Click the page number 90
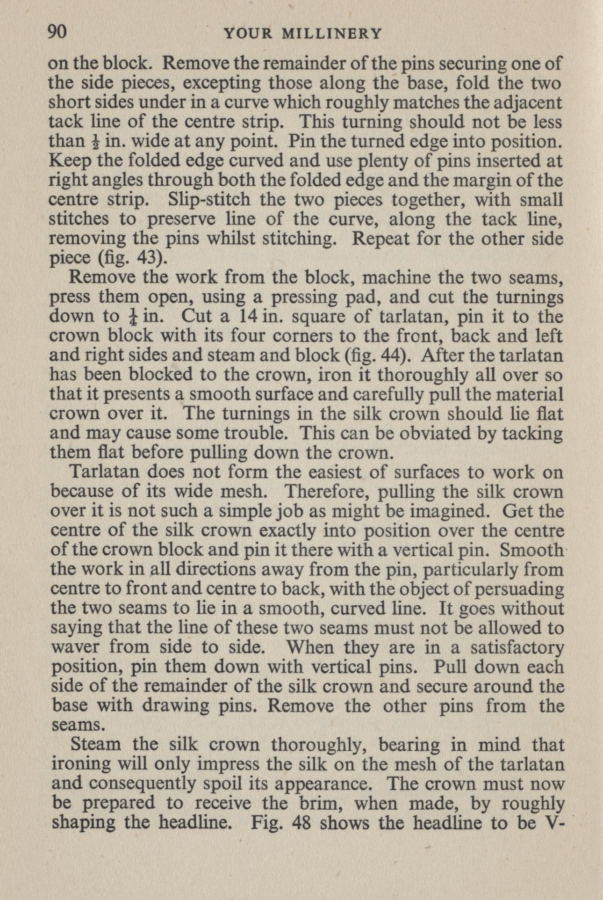coord(58,32)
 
